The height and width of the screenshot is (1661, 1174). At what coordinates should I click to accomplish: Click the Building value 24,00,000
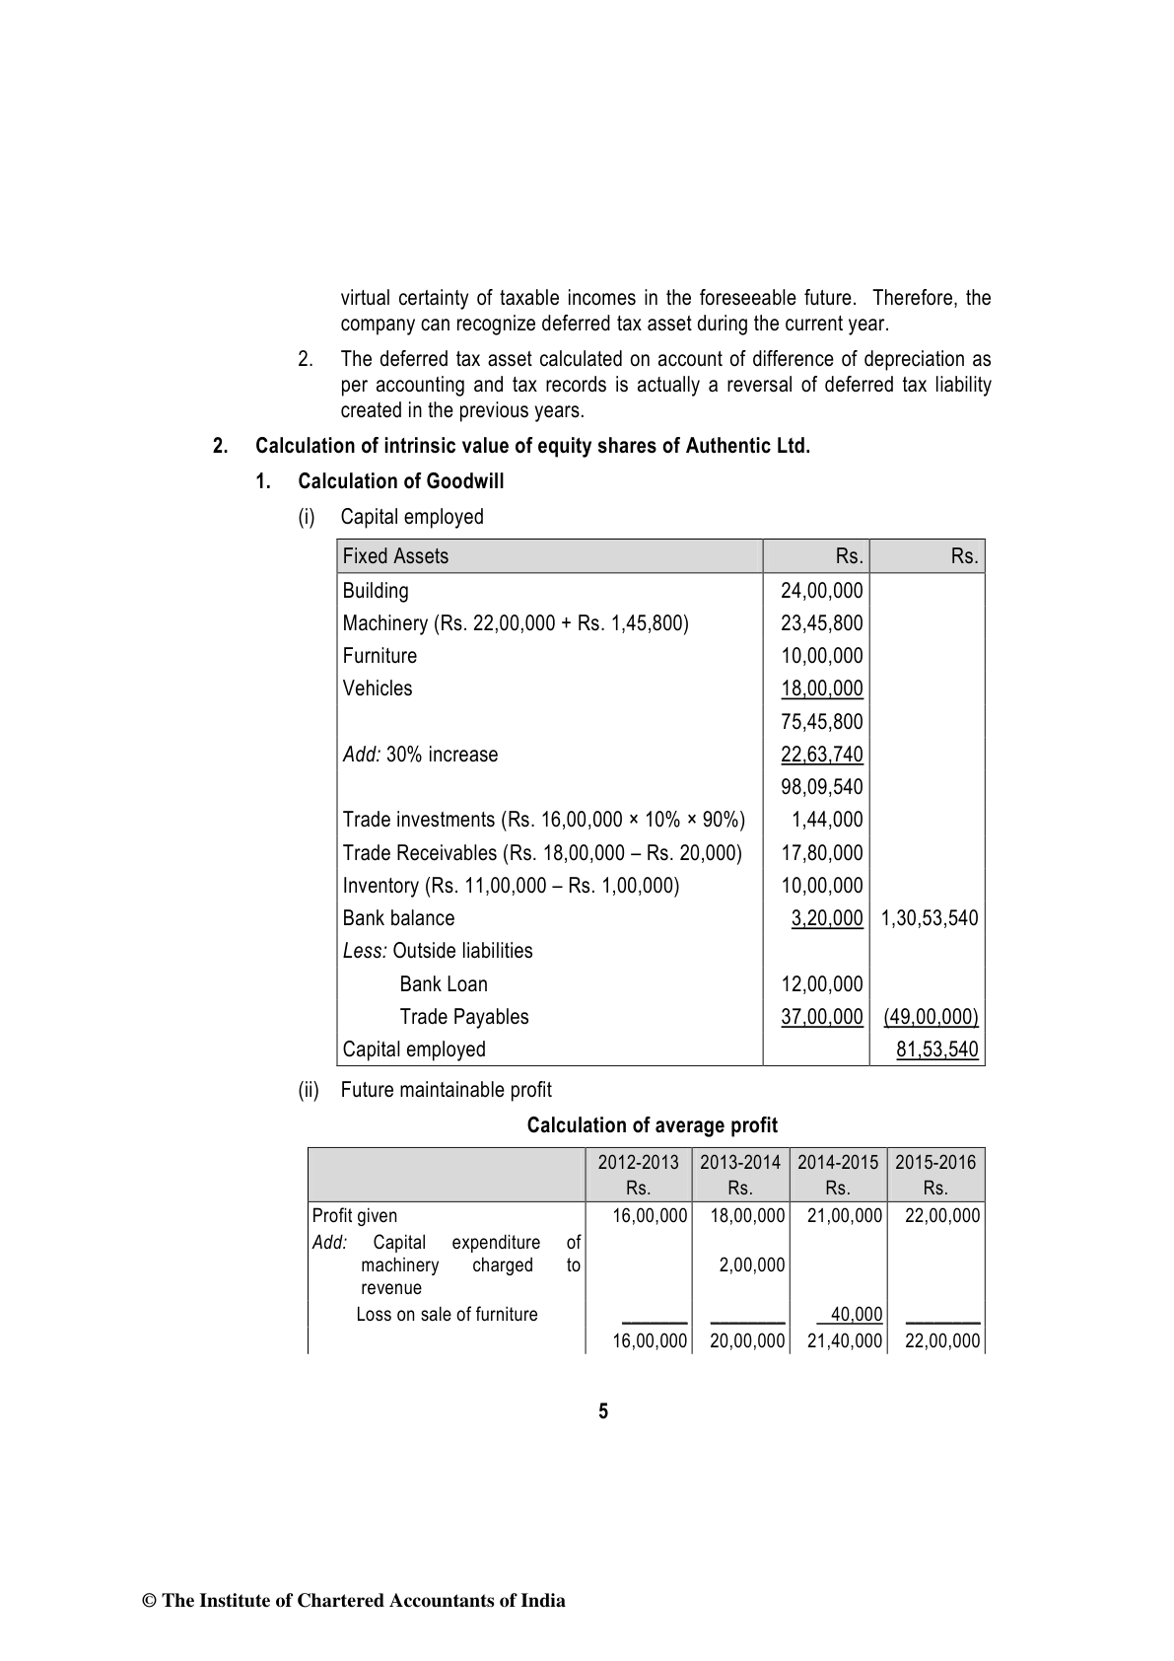click(x=821, y=591)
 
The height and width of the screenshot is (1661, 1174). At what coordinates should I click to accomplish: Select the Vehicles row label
click(x=378, y=688)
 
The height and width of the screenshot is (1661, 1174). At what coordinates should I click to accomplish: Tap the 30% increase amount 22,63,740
click(x=821, y=755)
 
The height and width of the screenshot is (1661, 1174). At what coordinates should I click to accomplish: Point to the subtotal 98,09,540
click(x=821, y=787)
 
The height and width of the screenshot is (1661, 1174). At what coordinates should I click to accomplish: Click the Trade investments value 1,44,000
click(x=827, y=820)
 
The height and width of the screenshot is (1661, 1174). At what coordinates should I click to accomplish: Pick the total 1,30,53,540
click(x=929, y=918)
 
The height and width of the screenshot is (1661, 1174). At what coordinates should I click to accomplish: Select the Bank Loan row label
click(x=444, y=984)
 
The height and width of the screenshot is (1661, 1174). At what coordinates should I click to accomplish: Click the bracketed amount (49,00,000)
click(x=930, y=1017)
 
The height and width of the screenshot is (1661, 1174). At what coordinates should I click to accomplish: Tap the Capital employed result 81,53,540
click(x=936, y=1049)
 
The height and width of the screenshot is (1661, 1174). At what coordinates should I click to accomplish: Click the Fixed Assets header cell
click(x=395, y=556)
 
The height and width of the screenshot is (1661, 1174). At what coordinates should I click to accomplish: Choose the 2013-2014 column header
click(x=740, y=1162)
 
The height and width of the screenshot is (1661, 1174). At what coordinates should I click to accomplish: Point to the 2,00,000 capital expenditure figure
click(x=751, y=1265)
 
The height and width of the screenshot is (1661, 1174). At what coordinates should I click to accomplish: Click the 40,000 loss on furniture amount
click(x=856, y=1314)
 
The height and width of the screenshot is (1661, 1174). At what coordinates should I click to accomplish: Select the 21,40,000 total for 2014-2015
click(x=845, y=1340)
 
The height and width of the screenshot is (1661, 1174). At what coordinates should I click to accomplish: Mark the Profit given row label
click(x=355, y=1216)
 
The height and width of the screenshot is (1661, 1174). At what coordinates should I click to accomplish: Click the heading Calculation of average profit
click(x=652, y=1125)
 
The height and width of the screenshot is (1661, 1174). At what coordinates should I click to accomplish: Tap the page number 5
click(x=603, y=1411)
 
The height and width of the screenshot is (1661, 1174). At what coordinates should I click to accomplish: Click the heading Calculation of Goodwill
click(x=400, y=481)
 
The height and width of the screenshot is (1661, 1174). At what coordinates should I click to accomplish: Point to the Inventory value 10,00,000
click(x=821, y=886)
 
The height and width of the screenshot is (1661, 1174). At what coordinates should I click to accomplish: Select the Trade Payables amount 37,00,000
click(x=821, y=1017)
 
